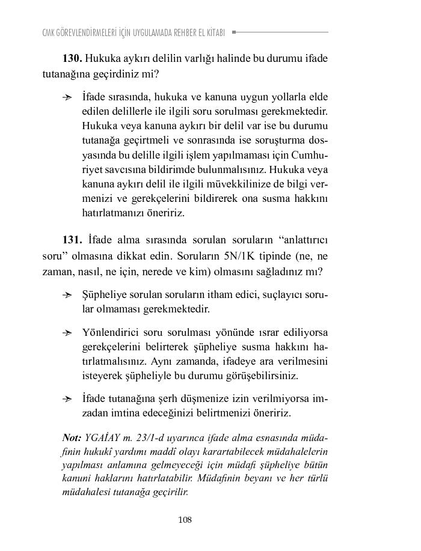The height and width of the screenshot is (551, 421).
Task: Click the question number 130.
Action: click(72, 59)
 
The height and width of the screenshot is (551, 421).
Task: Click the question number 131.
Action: click(72, 240)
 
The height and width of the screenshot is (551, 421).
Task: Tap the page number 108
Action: click(185, 520)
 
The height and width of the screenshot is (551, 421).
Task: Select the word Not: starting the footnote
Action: click(72, 437)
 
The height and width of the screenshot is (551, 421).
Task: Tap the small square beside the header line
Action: click(233, 32)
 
